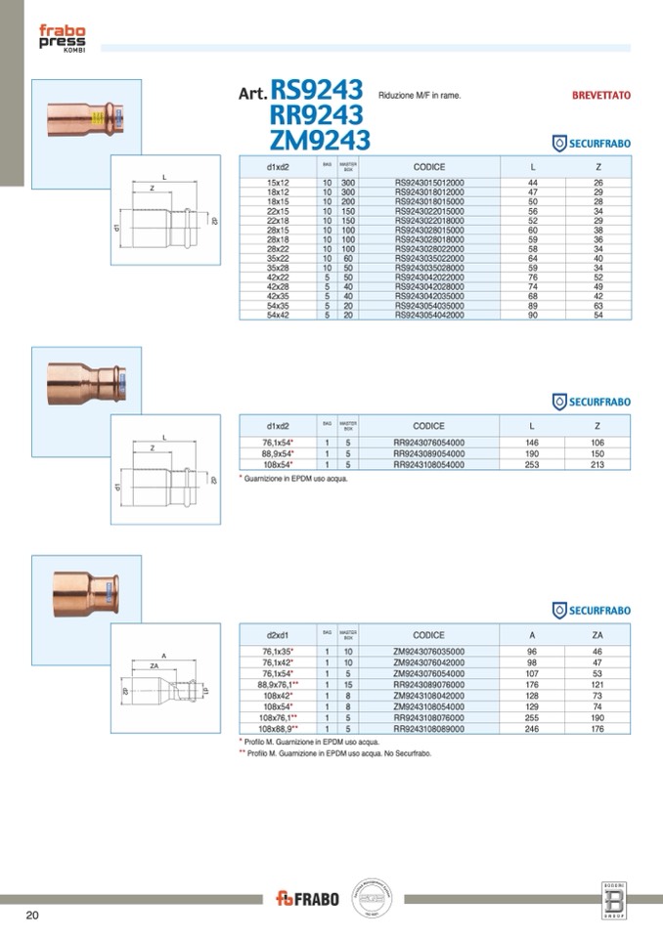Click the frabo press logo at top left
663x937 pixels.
click(x=62, y=40)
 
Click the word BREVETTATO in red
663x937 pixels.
click(x=600, y=96)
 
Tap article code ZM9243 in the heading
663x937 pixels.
click(x=320, y=139)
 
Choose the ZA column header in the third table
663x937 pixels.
click(x=597, y=635)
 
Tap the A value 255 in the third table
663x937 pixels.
click(x=533, y=717)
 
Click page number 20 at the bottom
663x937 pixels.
click(x=32, y=916)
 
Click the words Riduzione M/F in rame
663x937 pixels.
click(x=419, y=97)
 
